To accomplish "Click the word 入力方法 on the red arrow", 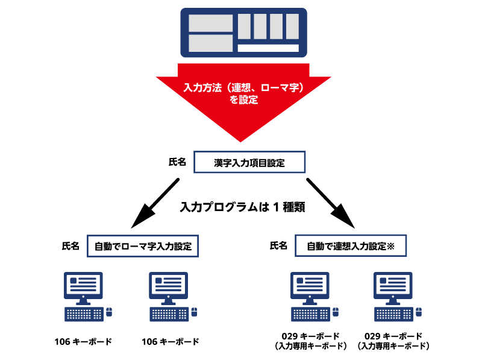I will tap(202, 88).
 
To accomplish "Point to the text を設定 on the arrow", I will tap(243, 100).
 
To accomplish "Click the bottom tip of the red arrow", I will tap(240, 141).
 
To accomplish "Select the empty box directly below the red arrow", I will tap(249, 162).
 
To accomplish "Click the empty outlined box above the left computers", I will tap(143, 246).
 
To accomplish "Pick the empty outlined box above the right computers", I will tap(351, 245).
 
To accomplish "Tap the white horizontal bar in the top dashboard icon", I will tap(268, 48).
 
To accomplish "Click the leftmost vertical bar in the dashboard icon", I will tap(244, 27).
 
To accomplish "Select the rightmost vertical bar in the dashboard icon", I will tap(292, 27).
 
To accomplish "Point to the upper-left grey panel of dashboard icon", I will tap(210, 24).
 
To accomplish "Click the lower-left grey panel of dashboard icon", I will tap(210, 43).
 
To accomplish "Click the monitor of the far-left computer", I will tap(83, 285).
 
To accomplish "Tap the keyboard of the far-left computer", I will tap(84, 314).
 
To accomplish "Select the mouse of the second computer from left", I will tap(195, 312).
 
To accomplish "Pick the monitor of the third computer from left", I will tap(310, 285).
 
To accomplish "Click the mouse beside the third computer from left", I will tap(336, 312).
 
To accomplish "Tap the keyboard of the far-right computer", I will tap(393, 314).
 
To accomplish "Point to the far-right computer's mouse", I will tap(419, 312).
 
